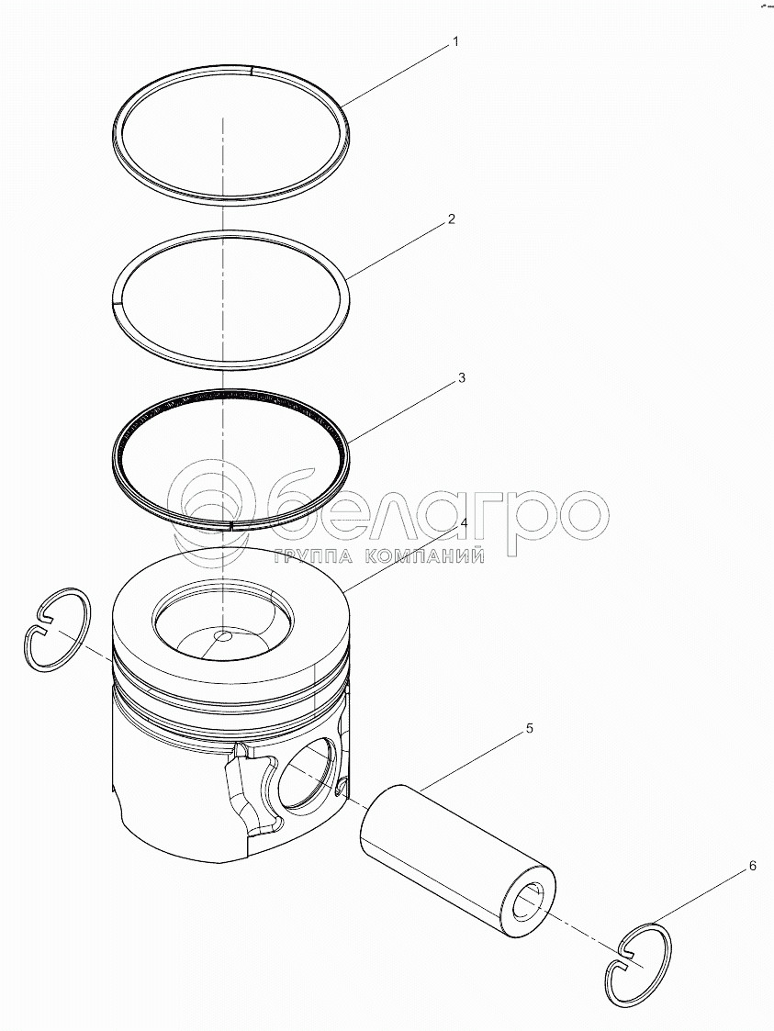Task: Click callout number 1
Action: [x=455, y=42]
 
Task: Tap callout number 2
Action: [x=451, y=219]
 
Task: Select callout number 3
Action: [x=462, y=378]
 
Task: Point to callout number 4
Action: [x=464, y=523]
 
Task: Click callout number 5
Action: [x=529, y=729]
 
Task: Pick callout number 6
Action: [x=752, y=866]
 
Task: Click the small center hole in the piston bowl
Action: [x=224, y=636]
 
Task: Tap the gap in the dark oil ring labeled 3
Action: [x=231, y=506]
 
